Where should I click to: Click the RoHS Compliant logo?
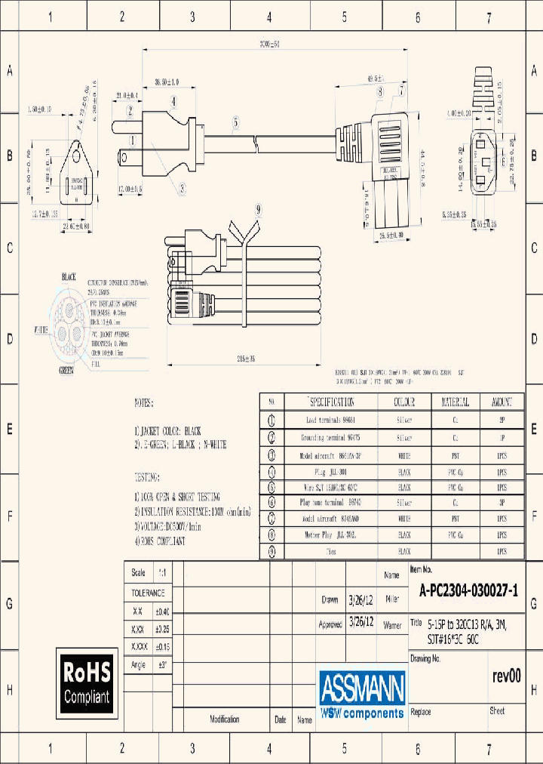pos(86,682)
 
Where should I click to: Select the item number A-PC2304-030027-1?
pos(468,592)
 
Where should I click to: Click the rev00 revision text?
pos(506,676)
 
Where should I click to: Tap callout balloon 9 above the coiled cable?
pos(258,209)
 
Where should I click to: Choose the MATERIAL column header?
pos(455,402)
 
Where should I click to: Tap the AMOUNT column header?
pos(502,402)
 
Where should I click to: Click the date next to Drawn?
pos(359,600)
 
